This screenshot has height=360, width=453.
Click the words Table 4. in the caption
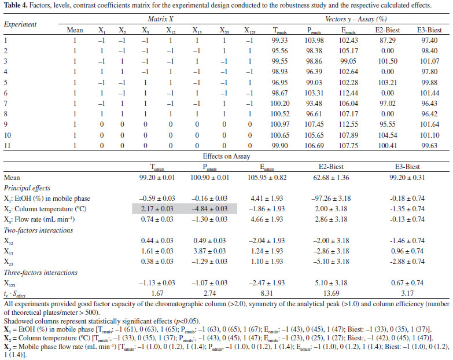(x=16, y=5)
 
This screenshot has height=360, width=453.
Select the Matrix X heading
(x=160, y=19)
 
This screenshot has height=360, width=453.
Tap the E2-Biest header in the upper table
(x=388, y=30)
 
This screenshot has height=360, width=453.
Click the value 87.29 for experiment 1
(x=388, y=41)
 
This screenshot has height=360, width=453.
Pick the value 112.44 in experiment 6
(x=348, y=93)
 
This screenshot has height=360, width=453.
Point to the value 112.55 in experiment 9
(x=348, y=124)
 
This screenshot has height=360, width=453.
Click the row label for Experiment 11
(x=7, y=146)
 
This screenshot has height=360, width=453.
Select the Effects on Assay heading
(x=226, y=156)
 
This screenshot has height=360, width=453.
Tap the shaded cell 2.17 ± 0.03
(x=157, y=209)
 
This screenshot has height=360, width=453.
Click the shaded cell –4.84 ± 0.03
(x=209, y=209)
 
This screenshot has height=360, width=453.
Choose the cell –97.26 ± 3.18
(x=331, y=199)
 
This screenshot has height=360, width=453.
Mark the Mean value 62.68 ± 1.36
(x=331, y=178)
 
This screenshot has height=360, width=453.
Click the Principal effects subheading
(x=27, y=188)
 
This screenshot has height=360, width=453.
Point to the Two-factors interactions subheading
(x=38, y=230)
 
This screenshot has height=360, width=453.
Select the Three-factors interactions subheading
(x=40, y=273)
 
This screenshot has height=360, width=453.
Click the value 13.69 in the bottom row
(x=331, y=293)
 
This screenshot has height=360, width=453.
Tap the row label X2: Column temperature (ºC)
(x=45, y=209)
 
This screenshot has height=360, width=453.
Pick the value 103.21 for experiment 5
(x=388, y=83)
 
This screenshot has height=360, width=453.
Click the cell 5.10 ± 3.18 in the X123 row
(x=331, y=283)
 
